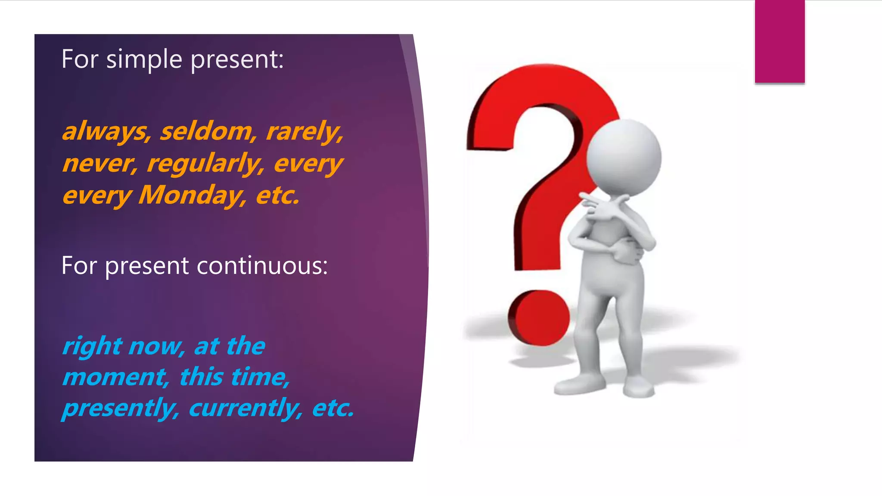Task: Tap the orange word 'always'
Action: (106, 131)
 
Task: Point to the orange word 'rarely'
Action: (304, 131)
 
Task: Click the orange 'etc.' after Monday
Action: (277, 195)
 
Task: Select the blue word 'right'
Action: (92, 346)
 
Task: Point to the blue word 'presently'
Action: (120, 408)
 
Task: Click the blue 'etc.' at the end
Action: (333, 408)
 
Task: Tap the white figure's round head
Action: (624, 157)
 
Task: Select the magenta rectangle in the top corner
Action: (780, 41)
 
